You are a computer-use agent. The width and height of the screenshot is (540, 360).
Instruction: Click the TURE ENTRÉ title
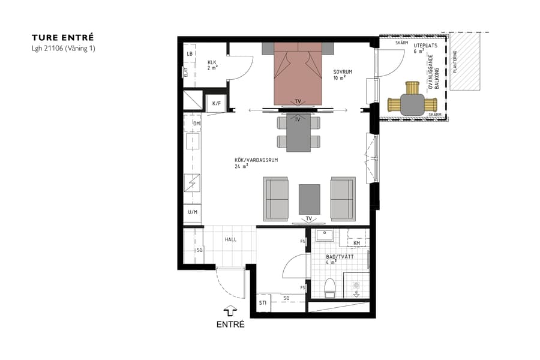[x=63, y=37]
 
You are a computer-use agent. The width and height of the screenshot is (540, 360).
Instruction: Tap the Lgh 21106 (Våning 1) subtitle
[x=64, y=49]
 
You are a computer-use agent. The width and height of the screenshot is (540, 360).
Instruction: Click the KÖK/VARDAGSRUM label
[x=251, y=161]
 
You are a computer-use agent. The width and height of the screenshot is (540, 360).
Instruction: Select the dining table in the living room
[x=298, y=133]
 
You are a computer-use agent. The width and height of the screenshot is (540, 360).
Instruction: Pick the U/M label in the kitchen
[x=193, y=213]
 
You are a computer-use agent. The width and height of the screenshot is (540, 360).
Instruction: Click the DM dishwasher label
[x=196, y=124]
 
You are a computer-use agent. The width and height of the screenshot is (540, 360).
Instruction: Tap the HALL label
[x=230, y=239]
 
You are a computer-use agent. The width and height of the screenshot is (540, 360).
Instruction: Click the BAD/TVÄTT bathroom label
[x=340, y=257]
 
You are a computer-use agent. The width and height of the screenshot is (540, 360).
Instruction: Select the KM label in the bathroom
[x=357, y=242]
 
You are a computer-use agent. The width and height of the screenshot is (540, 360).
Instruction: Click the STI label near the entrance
[x=262, y=302]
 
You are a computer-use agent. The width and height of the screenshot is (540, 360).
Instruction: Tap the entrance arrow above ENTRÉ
[x=230, y=310]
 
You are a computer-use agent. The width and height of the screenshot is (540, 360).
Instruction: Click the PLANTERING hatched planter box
[x=466, y=61]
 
